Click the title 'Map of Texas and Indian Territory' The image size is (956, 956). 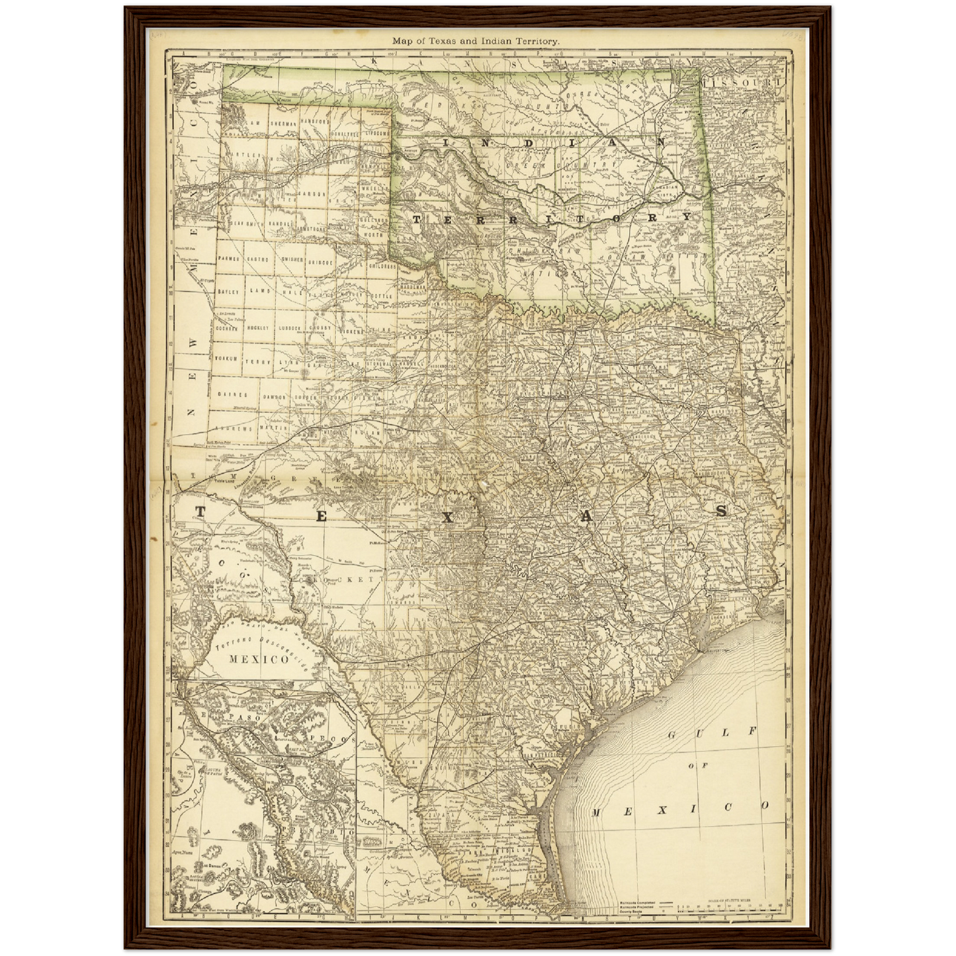click(x=476, y=41)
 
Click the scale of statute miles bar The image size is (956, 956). click(x=728, y=908)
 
